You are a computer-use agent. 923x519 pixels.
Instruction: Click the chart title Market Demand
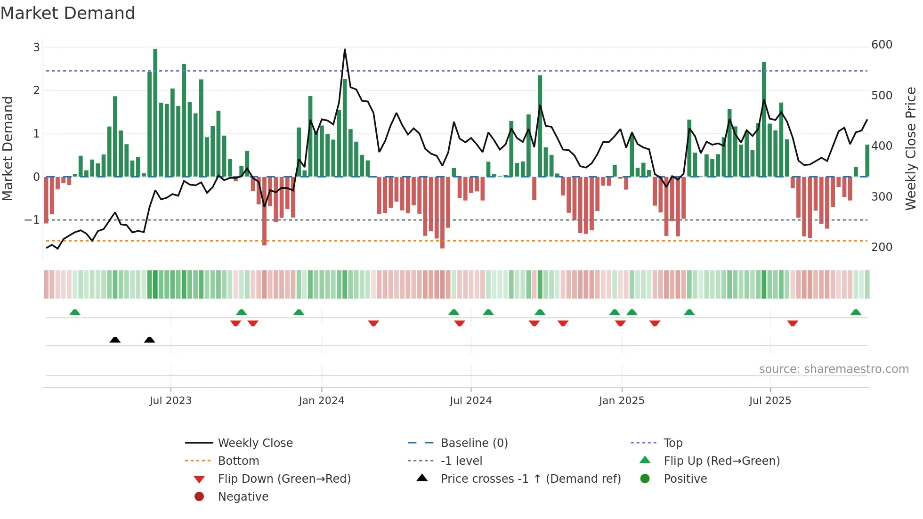click(68, 13)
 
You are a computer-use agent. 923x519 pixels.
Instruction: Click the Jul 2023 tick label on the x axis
click(170, 401)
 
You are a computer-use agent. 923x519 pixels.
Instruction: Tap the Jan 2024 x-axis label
click(322, 401)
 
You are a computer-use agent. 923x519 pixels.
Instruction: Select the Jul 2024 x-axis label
click(471, 401)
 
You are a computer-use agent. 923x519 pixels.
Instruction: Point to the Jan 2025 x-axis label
click(622, 401)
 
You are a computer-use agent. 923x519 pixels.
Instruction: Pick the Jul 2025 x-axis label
click(770, 401)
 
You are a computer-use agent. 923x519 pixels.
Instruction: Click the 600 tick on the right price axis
click(882, 45)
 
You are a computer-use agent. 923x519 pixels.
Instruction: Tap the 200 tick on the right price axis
click(882, 247)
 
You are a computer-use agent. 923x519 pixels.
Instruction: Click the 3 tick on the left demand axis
click(36, 47)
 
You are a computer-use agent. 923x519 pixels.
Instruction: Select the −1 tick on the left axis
click(32, 220)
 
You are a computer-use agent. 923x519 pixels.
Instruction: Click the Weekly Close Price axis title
click(911, 148)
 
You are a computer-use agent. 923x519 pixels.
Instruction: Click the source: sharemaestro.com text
click(834, 369)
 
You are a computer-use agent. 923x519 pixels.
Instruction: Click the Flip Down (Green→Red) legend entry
click(284, 479)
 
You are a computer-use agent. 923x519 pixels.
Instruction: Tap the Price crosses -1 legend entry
click(531, 479)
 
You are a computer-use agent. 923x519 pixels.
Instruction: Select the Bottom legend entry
click(238, 461)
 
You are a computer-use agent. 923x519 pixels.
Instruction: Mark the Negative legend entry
click(243, 497)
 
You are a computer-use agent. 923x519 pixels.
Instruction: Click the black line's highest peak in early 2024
click(345, 49)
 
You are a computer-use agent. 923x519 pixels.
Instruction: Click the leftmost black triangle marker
click(115, 340)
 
